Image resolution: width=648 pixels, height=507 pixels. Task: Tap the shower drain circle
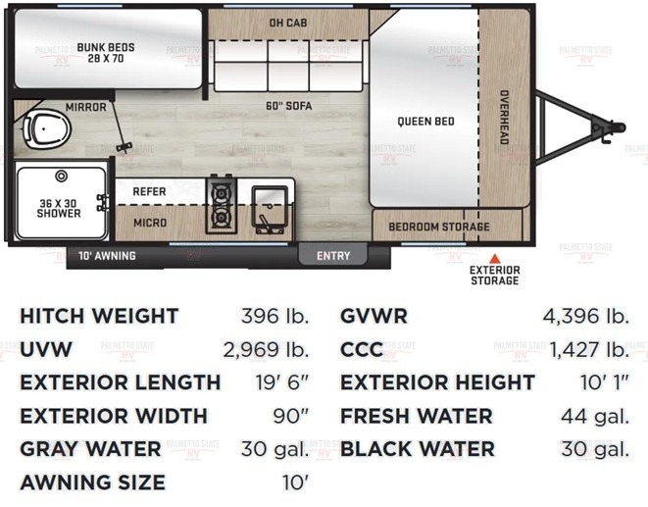click(x=61, y=177)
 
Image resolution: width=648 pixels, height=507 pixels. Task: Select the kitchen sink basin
click(x=270, y=206)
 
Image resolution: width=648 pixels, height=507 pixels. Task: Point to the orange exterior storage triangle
click(x=495, y=259)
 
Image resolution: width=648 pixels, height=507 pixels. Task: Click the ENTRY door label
click(x=333, y=256)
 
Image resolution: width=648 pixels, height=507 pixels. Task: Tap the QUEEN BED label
click(x=425, y=122)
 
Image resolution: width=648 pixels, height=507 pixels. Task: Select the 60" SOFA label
click(x=289, y=106)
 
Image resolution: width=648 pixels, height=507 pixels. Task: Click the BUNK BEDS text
click(x=106, y=47)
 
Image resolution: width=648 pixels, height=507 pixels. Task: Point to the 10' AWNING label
click(x=107, y=256)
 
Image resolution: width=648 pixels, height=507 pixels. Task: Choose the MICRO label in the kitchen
click(x=150, y=223)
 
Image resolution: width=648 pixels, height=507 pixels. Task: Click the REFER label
click(x=149, y=192)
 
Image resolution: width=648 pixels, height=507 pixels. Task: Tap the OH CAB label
click(x=288, y=23)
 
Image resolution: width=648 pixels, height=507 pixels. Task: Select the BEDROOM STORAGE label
click(x=439, y=227)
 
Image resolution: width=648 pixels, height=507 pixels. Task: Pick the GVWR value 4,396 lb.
click(x=585, y=316)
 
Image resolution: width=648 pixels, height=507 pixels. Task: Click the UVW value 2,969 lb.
click(x=266, y=350)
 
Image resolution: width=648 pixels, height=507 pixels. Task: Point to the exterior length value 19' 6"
click(x=282, y=382)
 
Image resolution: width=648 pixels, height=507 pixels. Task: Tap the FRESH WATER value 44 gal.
click(x=595, y=416)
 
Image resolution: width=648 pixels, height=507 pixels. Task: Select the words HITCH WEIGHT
click(x=99, y=316)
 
